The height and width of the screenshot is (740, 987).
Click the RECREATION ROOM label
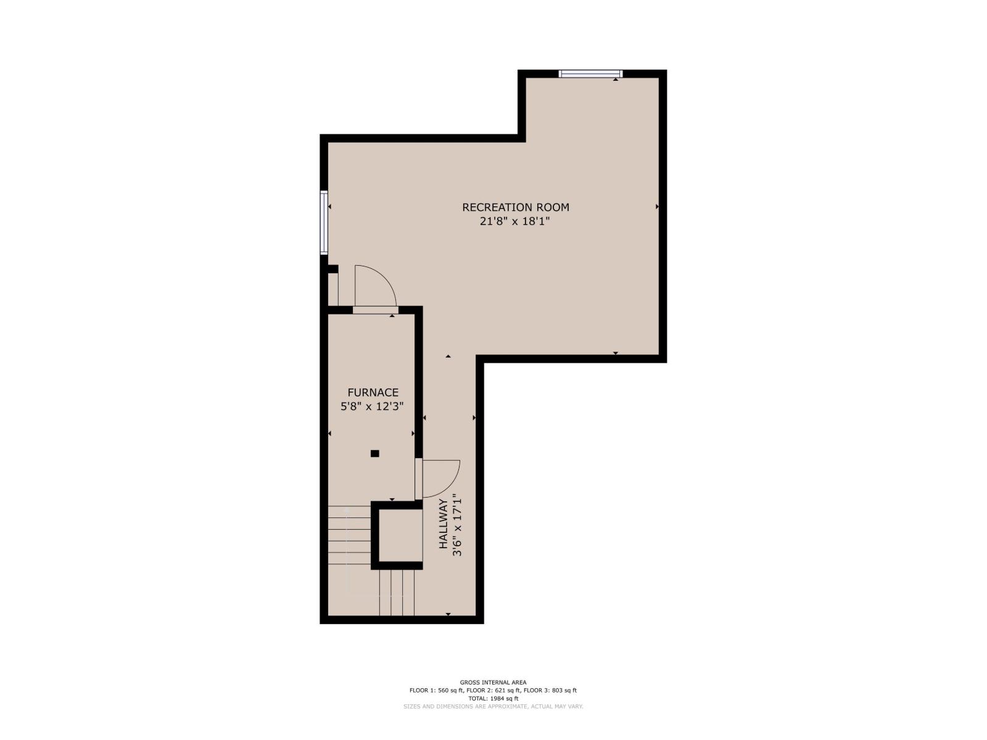click(515, 207)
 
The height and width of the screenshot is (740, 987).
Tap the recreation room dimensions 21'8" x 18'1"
click(515, 221)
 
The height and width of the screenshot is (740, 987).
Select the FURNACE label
click(373, 392)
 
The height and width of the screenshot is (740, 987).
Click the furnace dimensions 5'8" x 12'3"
click(373, 406)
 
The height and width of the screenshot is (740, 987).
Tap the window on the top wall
click(590, 74)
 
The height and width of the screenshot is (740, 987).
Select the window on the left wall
click(323, 222)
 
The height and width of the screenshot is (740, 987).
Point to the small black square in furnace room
click(374, 453)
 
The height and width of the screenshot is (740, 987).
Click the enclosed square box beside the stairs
click(397, 535)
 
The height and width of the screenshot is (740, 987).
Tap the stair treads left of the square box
click(349, 535)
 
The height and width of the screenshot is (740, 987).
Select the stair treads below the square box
click(396, 592)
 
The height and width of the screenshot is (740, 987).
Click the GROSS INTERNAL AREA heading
click(493, 682)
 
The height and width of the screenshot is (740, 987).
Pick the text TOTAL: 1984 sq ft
click(493, 698)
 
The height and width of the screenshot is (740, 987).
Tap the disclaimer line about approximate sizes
click(493, 706)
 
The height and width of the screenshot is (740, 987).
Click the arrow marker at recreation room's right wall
click(657, 207)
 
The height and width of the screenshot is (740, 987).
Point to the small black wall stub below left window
click(332, 269)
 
